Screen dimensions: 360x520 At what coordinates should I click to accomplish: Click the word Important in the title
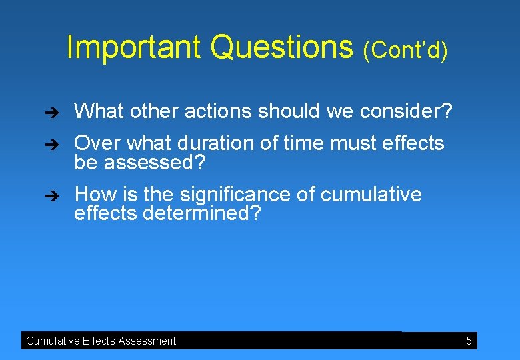tap(134, 47)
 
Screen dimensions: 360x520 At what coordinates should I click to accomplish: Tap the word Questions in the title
tap(281, 47)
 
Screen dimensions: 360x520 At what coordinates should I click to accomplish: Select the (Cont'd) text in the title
tap(405, 50)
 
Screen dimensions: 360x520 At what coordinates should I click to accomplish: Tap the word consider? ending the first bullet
tap(406, 111)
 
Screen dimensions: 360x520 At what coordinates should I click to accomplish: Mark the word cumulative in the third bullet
tap(371, 195)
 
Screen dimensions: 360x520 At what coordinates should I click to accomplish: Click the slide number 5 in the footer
tap(469, 341)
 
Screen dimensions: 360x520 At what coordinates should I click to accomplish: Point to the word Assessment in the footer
tap(145, 341)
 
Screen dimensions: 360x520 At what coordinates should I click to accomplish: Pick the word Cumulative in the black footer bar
tap(53, 341)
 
